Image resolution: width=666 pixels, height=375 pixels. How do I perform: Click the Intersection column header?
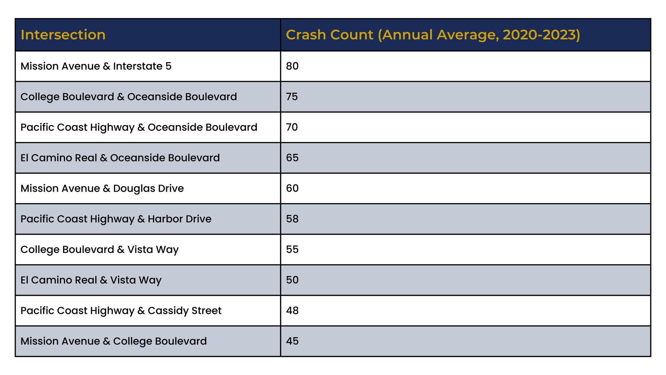63,35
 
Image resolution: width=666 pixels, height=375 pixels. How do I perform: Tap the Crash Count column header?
433,35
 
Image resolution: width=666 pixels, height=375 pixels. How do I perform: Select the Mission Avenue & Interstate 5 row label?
96,66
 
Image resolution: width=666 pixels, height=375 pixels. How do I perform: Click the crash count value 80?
292,66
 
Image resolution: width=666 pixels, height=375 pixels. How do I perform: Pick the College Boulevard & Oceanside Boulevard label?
129,97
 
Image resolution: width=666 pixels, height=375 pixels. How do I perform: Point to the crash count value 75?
292,97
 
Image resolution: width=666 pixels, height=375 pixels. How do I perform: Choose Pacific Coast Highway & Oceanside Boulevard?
139,127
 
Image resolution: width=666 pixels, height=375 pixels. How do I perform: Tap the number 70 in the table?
292,127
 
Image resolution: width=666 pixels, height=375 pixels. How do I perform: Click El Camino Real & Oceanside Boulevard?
120,158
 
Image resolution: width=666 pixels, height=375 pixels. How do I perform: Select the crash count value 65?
292,158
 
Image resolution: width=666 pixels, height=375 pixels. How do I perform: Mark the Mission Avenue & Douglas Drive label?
102,189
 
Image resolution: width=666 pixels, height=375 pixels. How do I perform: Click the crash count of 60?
292,188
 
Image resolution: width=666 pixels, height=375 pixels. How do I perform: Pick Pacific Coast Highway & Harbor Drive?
116,219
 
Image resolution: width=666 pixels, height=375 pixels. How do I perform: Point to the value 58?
292,219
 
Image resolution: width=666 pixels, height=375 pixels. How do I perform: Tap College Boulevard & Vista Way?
100,250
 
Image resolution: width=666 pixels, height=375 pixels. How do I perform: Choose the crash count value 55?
292,249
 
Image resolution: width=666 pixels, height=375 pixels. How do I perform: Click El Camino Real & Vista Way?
91,280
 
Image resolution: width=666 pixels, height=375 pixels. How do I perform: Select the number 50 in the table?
292,280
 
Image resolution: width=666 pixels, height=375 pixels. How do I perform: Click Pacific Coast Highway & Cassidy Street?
121,311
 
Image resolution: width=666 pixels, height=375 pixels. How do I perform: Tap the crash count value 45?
292,341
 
